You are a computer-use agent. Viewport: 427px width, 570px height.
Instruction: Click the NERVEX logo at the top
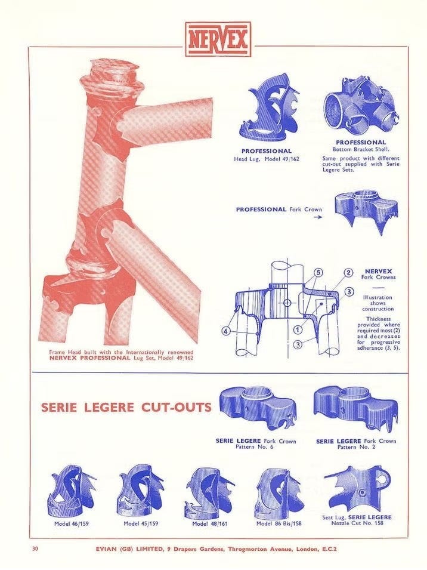pyautogui.click(x=218, y=39)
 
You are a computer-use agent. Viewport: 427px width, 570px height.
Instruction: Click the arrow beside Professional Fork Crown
pyautogui.click(x=318, y=217)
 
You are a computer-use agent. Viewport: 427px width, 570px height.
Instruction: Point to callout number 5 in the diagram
pyautogui.click(x=318, y=272)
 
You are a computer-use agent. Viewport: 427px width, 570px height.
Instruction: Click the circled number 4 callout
pyautogui.click(x=227, y=331)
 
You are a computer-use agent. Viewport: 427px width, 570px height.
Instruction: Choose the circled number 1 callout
pyautogui.click(x=298, y=329)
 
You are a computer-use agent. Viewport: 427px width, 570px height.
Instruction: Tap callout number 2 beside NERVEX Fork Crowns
pyautogui.click(x=348, y=273)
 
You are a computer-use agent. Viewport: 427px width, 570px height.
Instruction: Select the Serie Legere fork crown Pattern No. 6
pyautogui.click(x=258, y=409)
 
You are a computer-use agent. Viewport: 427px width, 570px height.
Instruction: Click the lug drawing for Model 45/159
pyautogui.click(x=141, y=491)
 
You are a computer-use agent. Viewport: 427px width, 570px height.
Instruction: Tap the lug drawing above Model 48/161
pyautogui.click(x=209, y=492)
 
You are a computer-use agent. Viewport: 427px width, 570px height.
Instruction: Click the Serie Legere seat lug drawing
pyautogui.click(x=358, y=489)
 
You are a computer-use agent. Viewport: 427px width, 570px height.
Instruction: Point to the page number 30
pyautogui.click(x=35, y=549)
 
